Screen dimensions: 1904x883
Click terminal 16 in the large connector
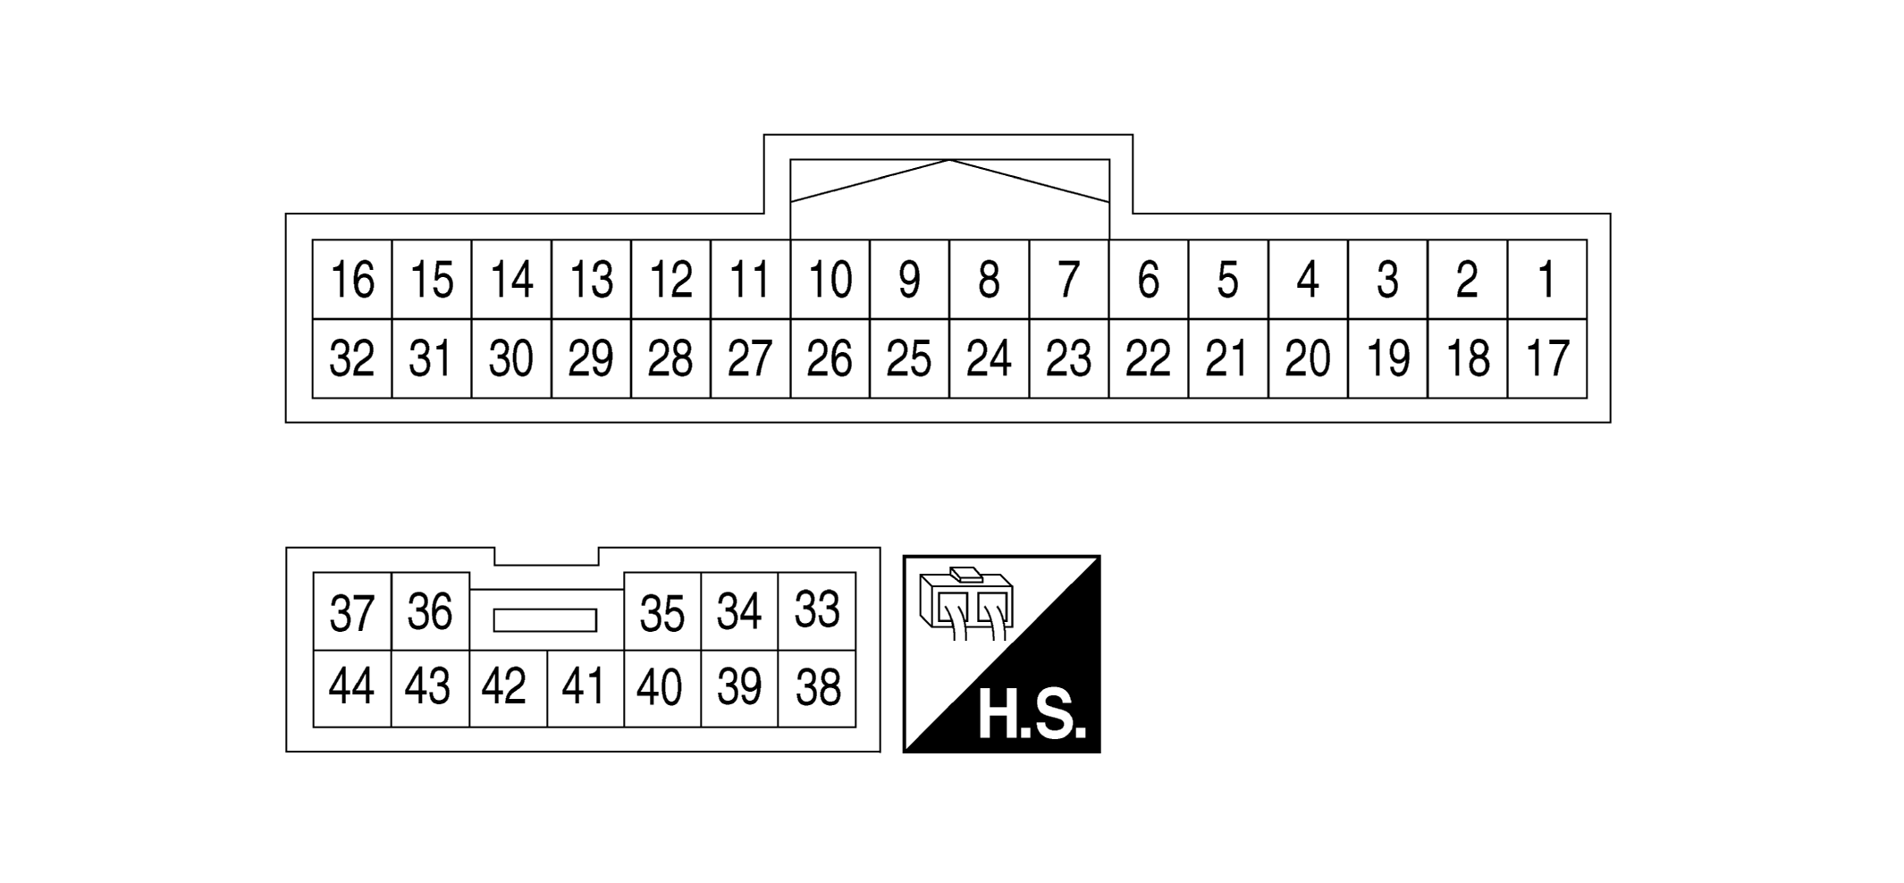tap(352, 280)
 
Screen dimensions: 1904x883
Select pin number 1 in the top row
tap(1547, 280)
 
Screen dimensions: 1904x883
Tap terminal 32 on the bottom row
tap(352, 358)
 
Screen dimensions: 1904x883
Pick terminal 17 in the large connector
tap(1547, 358)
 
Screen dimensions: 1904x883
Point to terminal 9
tap(909, 280)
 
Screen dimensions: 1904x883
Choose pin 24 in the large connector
tap(990, 358)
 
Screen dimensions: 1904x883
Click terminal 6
tap(1149, 280)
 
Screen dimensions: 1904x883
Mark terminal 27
tap(750, 358)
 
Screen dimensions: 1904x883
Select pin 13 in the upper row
tap(591, 280)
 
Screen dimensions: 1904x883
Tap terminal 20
tap(1308, 358)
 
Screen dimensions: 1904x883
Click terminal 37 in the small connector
tap(352, 611)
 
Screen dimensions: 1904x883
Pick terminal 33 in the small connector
tap(817, 611)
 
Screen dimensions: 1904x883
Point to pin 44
tap(352, 688)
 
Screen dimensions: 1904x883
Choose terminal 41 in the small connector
tap(585, 688)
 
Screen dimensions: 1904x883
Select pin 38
tap(817, 688)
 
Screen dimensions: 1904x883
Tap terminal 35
tap(662, 611)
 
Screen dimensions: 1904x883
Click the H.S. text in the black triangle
tap(1032, 715)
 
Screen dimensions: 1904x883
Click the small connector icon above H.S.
tap(966, 603)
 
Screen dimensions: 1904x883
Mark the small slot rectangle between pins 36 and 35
tap(544, 620)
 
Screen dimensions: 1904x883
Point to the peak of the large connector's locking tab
tap(949, 160)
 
